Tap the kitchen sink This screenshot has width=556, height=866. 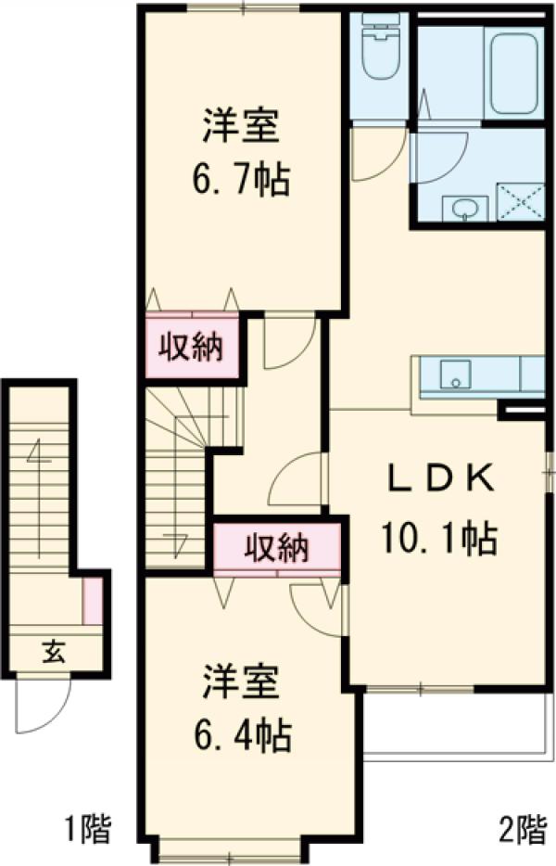[455, 375]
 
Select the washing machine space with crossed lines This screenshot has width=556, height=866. [521, 201]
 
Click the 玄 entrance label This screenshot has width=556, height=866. [54, 652]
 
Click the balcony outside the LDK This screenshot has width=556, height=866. [459, 722]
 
